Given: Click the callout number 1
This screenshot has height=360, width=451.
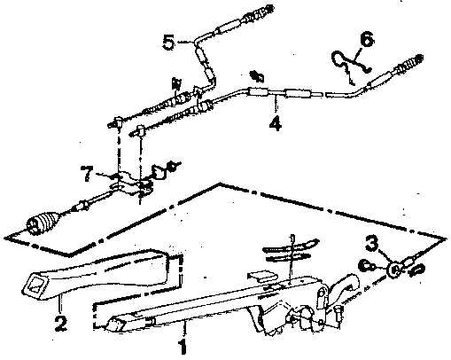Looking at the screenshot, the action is pos(183,346).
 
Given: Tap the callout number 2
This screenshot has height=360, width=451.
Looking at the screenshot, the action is pos(61,323).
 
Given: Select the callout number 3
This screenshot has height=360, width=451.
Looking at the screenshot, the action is pos(371,244).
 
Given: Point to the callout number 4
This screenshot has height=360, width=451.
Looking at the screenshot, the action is pos(276,123).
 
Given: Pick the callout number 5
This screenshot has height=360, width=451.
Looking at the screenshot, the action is pos(168,42).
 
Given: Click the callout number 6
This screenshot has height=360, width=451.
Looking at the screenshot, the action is pos(367,39).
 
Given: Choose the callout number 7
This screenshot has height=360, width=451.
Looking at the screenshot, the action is pos(87,174).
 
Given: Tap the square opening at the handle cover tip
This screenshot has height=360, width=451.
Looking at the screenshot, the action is pos(35,286).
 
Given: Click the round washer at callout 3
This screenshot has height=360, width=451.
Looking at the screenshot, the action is pos(394,270).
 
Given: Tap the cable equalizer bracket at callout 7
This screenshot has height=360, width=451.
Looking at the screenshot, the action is pos(131,184).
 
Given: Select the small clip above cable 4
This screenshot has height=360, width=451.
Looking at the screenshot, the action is pos(257,76).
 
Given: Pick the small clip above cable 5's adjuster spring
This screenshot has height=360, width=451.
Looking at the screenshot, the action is pos(176,83).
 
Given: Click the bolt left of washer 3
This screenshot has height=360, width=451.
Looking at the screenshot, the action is pos(366,266).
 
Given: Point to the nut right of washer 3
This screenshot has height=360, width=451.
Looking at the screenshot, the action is pos(417,269).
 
